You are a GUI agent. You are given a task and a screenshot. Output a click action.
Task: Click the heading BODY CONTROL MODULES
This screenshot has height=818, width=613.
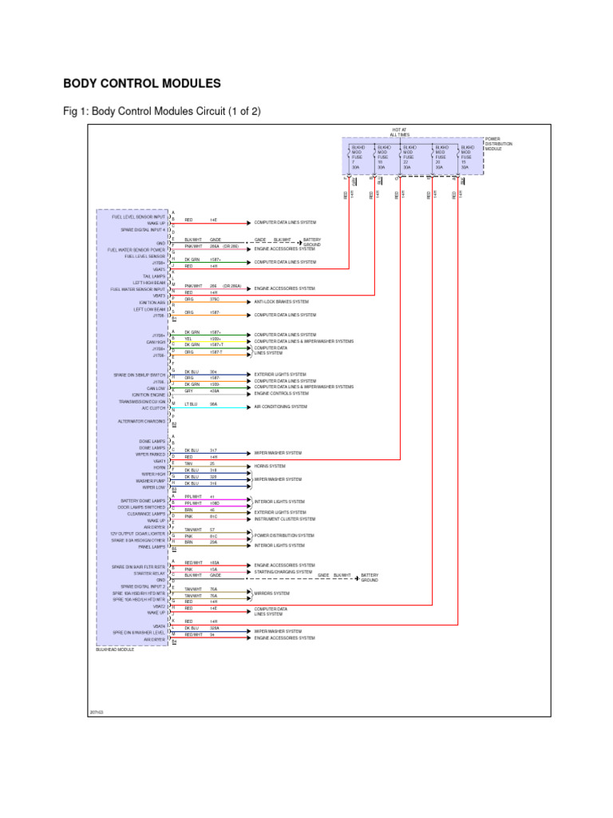141,83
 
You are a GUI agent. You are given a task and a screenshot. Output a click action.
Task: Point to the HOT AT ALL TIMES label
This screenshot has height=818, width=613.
399,132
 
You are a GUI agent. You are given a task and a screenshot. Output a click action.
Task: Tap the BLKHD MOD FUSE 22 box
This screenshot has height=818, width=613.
409,157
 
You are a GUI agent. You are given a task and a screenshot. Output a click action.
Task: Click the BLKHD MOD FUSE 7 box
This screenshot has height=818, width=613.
358,157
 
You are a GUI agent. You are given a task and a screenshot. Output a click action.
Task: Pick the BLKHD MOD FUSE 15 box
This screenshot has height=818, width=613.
466,157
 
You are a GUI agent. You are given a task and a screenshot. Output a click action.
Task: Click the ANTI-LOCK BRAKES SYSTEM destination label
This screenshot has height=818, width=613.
281,302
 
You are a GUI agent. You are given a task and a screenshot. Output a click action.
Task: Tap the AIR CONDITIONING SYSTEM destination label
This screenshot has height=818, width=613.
280,406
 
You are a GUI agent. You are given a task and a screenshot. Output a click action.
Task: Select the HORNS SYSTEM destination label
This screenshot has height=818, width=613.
270,466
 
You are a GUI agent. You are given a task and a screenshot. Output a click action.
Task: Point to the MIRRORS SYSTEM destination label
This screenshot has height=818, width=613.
271,594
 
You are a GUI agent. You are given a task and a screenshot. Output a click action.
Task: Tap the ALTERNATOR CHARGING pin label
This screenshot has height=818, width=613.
142,421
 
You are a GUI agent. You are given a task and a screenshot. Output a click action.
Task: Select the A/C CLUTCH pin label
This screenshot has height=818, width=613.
153,407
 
